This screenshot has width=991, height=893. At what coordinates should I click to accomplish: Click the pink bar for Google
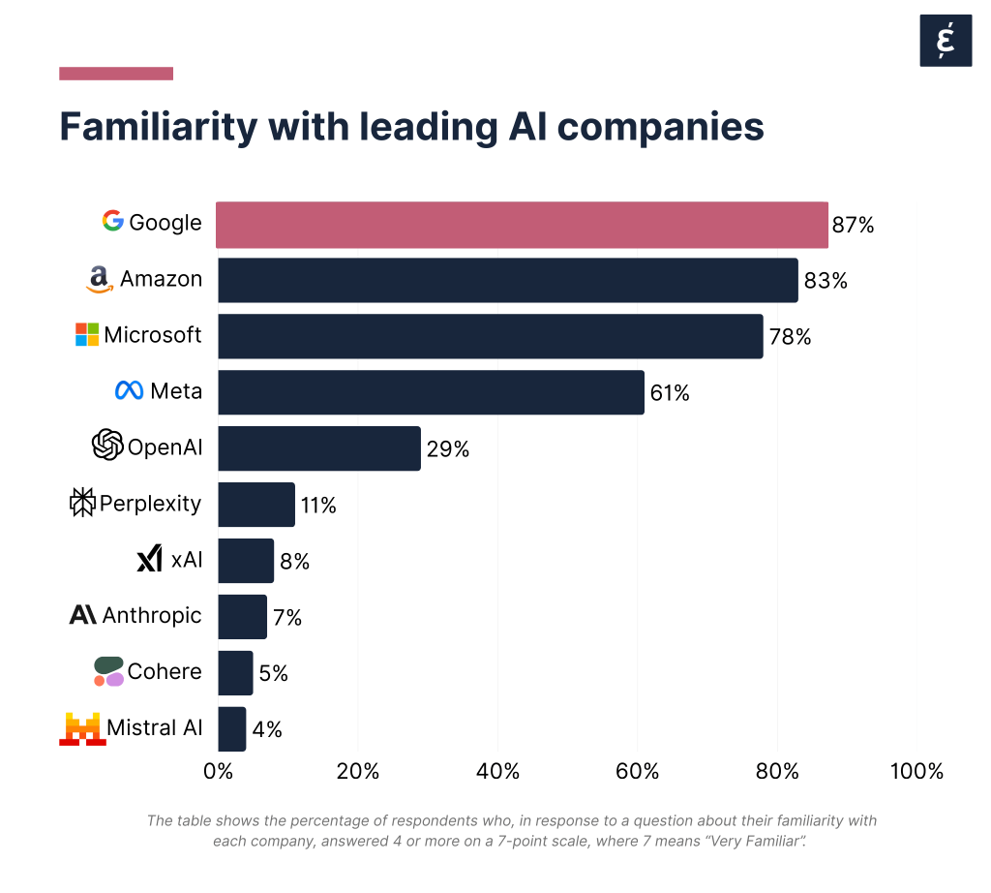tap(522, 226)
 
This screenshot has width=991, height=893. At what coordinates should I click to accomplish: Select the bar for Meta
tap(431, 392)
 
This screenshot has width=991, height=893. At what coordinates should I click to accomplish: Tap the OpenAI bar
tap(319, 448)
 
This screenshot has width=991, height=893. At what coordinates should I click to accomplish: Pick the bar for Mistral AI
tap(232, 728)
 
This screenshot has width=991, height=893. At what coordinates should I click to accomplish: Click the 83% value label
tap(826, 281)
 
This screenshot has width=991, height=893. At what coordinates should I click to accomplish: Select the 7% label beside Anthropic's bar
tap(287, 617)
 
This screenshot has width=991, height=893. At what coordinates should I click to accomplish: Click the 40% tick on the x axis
tap(497, 772)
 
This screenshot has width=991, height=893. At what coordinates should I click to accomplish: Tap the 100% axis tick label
tap(916, 772)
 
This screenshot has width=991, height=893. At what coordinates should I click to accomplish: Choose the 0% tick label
tap(218, 772)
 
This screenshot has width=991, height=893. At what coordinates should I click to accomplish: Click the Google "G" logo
tap(113, 222)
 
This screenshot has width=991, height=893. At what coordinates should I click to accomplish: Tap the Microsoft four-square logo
tap(87, 335)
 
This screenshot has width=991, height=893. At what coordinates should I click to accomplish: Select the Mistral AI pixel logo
tap(81, 728)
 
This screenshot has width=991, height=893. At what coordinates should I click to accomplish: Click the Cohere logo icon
tap(108, 671)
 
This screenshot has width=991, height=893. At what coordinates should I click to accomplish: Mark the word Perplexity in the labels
tap(150, 504)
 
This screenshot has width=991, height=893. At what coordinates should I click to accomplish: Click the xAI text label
tap(187, 560)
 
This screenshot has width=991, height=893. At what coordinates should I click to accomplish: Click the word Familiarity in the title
tap(158, 127)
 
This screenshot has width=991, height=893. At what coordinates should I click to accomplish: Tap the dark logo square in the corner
tap(945, 41)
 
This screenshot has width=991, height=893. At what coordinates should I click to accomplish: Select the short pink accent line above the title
tap(116, 74)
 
